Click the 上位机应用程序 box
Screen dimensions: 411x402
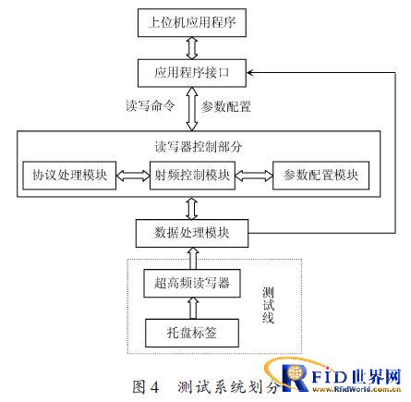point(192,22)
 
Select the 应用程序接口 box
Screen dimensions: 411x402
point(192,73)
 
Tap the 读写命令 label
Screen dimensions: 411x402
point(151,105)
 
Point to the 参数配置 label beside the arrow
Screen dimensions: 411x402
point(226,106)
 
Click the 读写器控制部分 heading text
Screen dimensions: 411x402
point(199,147)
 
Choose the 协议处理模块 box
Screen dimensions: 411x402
point(69,176)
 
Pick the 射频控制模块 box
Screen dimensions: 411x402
point(192,176)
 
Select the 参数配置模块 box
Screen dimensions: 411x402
point(320,176)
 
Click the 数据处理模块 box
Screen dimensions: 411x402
point(192,233)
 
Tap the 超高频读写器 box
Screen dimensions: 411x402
point(192,284)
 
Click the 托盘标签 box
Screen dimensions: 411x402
point(192,333)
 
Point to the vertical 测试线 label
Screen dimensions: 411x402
point(268,305)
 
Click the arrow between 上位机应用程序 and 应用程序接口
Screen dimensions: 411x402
point(192,48)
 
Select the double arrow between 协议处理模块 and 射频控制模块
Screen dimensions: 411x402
point(133,176)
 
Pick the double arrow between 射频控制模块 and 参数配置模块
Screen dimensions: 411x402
point(254,176)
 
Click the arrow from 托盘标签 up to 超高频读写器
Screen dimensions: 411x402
point(193,308)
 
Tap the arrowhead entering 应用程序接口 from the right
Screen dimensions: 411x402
point(249,73)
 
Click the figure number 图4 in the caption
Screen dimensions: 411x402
point(146,386)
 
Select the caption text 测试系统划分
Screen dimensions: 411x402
point(228,387)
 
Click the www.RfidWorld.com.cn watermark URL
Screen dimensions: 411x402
point(357,389)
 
